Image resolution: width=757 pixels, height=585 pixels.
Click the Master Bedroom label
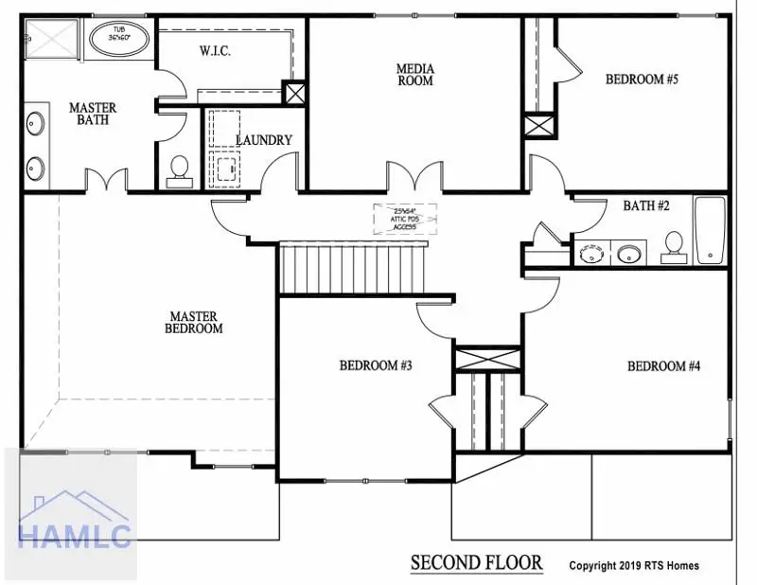click(196, 322)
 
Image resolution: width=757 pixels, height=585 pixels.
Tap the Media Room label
click(414, 74)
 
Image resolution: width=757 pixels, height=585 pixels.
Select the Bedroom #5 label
click(642, 80)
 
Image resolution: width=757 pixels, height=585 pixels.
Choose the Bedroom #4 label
click(661, 366)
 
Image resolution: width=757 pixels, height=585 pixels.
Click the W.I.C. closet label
click(217, 52)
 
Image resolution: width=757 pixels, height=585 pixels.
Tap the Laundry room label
click(263, 140)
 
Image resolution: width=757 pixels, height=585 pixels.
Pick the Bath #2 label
click(646, 205)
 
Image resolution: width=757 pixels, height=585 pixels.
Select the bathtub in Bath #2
click(710, 230)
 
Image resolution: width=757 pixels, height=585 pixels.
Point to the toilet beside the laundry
click(178, 168)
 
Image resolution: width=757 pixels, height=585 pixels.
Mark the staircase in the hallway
click(352, 268)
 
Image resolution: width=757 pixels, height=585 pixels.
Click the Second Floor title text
click(476, 563)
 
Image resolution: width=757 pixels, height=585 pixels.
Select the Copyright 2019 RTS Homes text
click(634, 566)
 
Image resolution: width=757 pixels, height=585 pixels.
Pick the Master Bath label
click(93, 114)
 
